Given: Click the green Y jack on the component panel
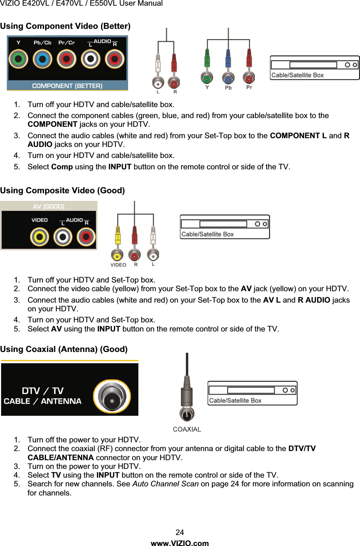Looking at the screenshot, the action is [18, 59].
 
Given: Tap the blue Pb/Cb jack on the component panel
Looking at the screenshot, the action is [42, 59].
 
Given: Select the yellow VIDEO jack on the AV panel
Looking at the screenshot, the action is [39, 237].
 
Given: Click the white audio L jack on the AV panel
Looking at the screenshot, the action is [63, 237].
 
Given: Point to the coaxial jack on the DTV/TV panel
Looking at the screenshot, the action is [112, 396].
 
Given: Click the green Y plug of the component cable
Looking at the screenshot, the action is [207, 78].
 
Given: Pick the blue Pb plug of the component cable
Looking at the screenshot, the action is [228, 78].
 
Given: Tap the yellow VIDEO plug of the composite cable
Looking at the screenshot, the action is [117, 255].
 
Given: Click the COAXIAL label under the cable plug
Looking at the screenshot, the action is [187, 429].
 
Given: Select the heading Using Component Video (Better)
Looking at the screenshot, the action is [65, 26].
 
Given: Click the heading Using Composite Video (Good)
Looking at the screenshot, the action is [62, 191].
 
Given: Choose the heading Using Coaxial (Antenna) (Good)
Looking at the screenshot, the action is [64, 349].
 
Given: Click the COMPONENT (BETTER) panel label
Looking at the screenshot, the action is [67, 86].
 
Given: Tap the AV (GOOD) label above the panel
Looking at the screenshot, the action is [49, 207].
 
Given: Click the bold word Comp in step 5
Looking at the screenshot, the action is [62, 167].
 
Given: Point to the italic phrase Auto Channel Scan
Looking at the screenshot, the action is [166, 484].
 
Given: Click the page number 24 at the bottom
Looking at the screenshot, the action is [180, 532].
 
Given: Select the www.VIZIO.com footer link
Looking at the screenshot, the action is [180, 543].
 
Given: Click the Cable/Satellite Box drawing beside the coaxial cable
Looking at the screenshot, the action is [252, 393].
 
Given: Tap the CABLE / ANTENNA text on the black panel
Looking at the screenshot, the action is [43, 401].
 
